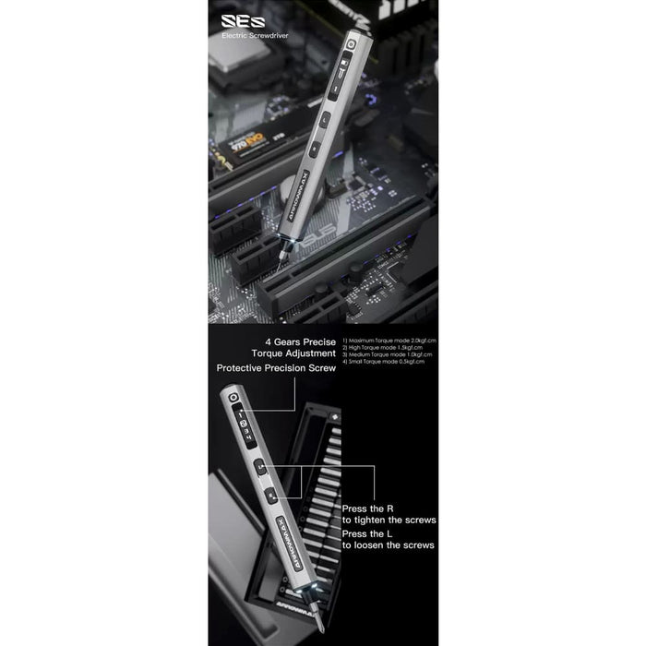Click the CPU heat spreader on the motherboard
pyautogui.click(x=230, y=57)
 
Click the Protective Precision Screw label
pyautogui.click(x=276, y=367)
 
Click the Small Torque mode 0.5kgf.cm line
pyautogui.click(x=383, y=362)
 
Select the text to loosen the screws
pyautogui.click(x=388, y=545)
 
